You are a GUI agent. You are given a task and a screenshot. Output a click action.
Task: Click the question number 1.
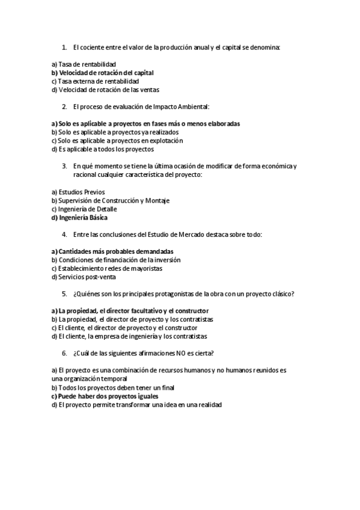click(64, 47)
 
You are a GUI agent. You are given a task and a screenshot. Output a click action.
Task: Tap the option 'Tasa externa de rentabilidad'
click(99, 81)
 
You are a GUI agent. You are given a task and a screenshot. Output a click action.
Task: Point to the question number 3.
click(64, 166)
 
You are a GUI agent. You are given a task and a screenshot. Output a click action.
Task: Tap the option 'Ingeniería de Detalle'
click(88, 209)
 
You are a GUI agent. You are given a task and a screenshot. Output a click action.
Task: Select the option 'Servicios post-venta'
click(87, 277)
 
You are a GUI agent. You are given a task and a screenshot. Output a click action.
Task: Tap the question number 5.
click(64, 294)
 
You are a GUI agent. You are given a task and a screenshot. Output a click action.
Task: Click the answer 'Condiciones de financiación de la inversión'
click(115, 260)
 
